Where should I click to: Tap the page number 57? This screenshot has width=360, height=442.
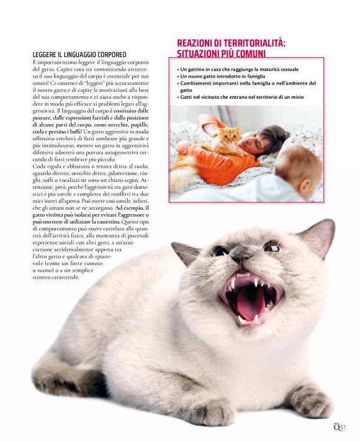click(x=342, y=426)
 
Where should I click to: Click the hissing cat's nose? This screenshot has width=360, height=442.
click(x=243, y=256)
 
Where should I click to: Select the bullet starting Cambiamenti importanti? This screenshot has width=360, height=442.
click(x=246, y=83)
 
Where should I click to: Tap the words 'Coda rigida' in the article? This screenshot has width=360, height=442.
click(x=46, y=166)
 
